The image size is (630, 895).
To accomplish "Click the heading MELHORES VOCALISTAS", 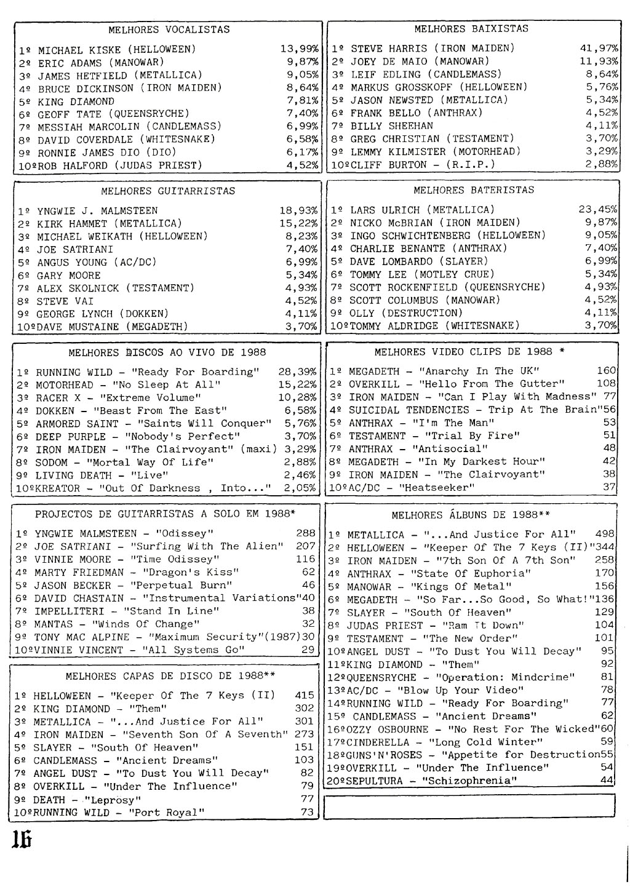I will pos(169,30).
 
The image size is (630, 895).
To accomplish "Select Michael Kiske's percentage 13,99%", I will pos(299,49).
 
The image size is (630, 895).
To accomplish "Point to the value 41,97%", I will pos(599,48).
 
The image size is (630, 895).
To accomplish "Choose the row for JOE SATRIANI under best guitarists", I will pos(75,249).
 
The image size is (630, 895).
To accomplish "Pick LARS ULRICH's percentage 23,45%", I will pos(598,209).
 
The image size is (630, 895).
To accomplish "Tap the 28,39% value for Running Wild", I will pos(298,372).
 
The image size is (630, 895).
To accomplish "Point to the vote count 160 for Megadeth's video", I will pos(606,370).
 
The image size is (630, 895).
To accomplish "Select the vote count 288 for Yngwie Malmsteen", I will pos(305,533).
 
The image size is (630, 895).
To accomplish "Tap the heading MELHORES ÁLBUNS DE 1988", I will pos(471,515).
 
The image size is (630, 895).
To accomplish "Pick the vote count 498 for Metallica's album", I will pos(605,534).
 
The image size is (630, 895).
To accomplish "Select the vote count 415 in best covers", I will pos(304,696).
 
